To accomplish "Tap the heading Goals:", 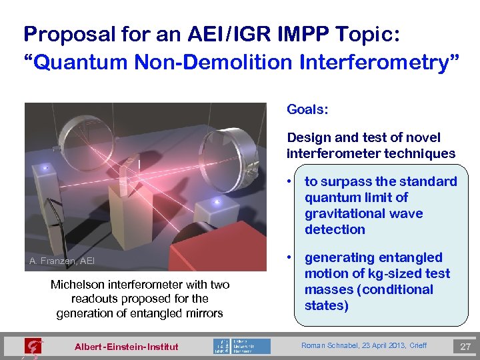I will pos(307,108).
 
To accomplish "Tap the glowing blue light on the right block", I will pos(215,202).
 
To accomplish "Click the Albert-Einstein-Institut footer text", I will pos(127,346).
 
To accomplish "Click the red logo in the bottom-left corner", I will pos(32,347).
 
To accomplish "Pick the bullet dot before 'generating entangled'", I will pos(291,257).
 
